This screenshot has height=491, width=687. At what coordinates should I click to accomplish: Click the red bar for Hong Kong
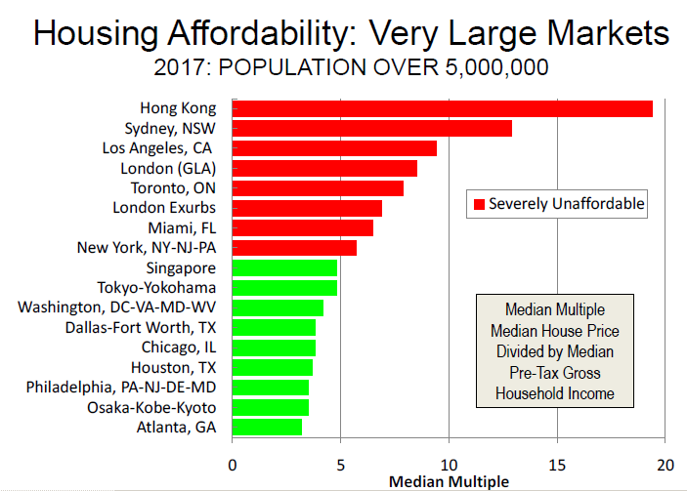click(x=442, y=108)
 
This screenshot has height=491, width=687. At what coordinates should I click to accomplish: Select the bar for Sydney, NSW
click(x=371, y=129)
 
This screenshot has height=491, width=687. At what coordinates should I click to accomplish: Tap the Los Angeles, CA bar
click(x=334, y=148)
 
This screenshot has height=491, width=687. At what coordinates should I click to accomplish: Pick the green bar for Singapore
click(x=284, y=267)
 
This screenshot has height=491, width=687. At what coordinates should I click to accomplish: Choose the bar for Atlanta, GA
click(x=267, y=427)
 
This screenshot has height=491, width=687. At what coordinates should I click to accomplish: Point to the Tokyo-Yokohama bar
click(x=284, y=288)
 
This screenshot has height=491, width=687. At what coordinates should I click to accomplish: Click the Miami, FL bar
click(x=302, y=227)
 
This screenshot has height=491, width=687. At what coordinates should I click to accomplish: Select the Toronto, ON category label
click(x=176, y=187)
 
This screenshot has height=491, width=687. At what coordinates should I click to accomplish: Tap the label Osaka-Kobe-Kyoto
click(x=156, y=407)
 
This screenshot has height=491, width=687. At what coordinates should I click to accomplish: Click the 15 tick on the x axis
click(x=557, y=464)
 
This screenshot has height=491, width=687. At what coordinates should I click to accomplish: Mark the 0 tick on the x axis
click(x=232, y=464)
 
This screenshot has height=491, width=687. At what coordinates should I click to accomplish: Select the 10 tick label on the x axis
click(x=449, y=464)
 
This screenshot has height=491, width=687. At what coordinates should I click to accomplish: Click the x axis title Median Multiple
click(x=449, y=481)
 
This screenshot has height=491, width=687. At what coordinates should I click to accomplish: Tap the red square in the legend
click(x=479, y=204)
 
